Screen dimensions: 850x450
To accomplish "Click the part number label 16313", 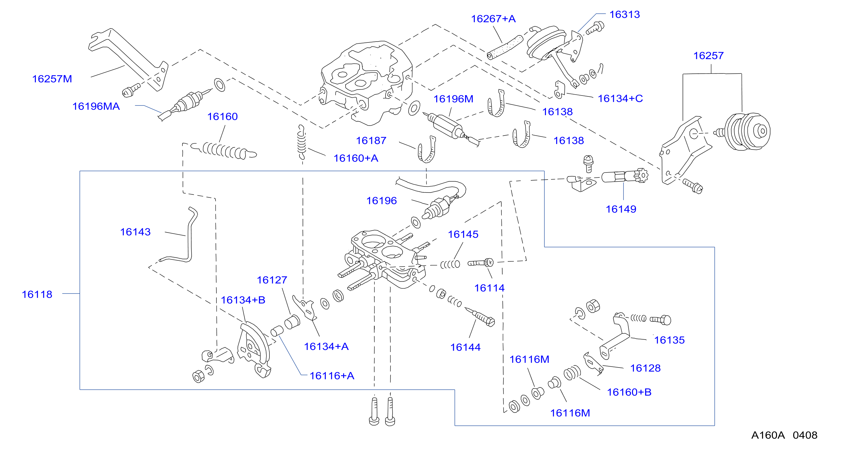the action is pyautogui.click(x=624, y=15).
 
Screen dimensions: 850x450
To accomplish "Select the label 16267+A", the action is pyautogui.click(x=493, y=19).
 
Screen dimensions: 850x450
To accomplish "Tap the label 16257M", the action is pyautogui.click(x=52, y=79).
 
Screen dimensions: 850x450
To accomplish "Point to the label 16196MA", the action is pyautogui.click(x=96, y=106).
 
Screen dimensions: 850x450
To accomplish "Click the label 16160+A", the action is pyautogui.click(x=356, y=158).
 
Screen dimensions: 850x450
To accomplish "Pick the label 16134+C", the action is pyautogui.click(x=620, y=98).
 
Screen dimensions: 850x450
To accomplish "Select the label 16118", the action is pyautogui.click(x=37, y=294).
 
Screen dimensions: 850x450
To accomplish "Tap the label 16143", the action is pyautogui.click(x=135, y=232).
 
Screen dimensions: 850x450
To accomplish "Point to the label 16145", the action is pyautogui.click(x=463, y=234).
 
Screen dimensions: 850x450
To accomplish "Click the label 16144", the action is pyautogui.click(x=465, y=347).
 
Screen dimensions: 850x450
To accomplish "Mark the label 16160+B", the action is pyautogui.click(x=629, y=392).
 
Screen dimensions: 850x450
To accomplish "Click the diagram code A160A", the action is pyautogui.click(x=768, y=435).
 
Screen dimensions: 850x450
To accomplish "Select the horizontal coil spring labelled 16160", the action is pyautogui.click(x=224, y=151).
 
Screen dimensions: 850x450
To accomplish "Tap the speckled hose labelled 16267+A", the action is pyautogui.click(x=505, y=48).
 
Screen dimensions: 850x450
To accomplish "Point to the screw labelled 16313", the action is pyautogui.click(x=595, y=29).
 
